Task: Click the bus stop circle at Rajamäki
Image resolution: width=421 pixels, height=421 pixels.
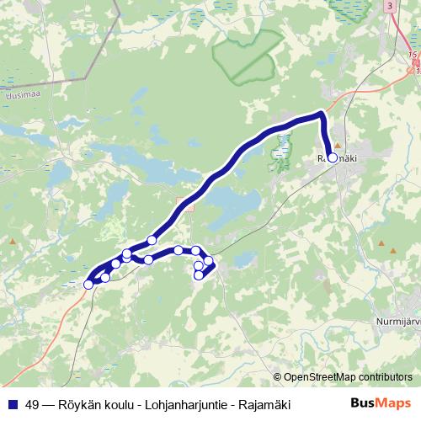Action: click(333, 157)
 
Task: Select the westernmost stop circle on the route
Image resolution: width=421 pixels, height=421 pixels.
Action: click(88, 285)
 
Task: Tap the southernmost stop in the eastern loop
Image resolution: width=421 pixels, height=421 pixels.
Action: click(199, 275)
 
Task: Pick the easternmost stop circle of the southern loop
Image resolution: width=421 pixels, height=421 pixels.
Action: click(209, 261)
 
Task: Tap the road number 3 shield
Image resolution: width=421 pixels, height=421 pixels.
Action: click(390, 6)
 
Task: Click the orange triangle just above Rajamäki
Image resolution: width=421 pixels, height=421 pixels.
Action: click(338, 145)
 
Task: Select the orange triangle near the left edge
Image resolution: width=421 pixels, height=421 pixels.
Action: click(13, 242)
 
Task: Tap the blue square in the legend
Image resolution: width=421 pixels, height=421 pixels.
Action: click(12, 403)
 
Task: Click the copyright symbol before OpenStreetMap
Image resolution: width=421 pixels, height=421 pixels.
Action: click(278, 376)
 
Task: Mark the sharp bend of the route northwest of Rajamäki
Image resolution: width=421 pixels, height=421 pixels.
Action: click(321, 113)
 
